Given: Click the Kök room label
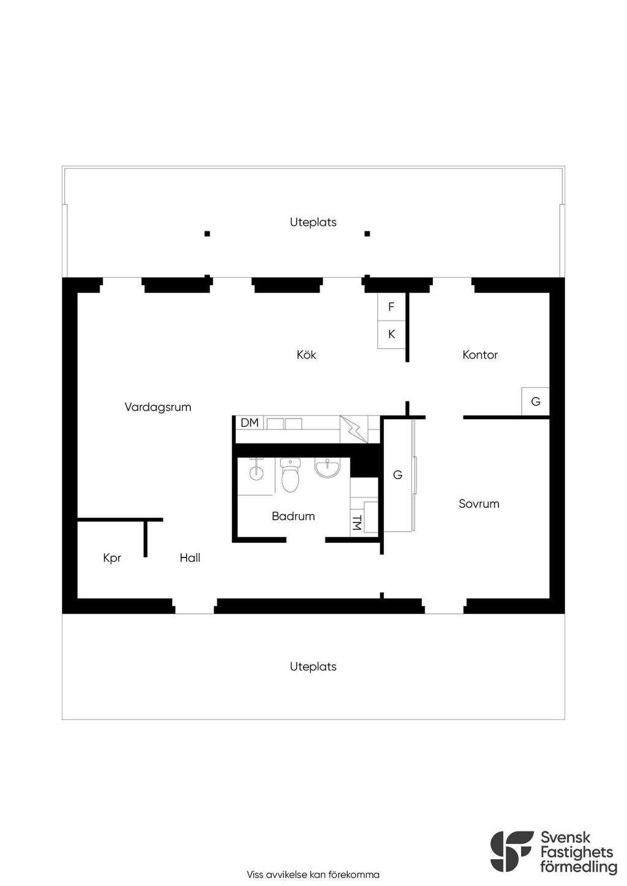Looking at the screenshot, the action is click(306, 355).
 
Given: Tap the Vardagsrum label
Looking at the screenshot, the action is click(158, 407).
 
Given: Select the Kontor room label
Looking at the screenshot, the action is click(480, 355).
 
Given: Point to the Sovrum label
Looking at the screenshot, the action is click(479, 504).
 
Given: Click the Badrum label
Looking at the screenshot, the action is click(293, 516).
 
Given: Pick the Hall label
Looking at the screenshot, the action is click(190, 558).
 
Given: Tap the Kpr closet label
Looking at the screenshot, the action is click(112, 558).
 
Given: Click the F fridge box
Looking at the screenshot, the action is click(391, 307).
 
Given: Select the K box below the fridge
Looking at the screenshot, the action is click(391, 335).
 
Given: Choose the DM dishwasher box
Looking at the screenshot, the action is click(250, 423).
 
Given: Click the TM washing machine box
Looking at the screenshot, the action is click(357, 524).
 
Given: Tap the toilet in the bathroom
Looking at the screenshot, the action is click(290, 475).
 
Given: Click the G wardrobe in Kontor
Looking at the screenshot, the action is click(535, 402).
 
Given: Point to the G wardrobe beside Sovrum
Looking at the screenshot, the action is click(397, 475).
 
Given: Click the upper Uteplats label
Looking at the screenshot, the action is click(313, 222).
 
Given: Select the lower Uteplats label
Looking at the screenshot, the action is click(313, 667).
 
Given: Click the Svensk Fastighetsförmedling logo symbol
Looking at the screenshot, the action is click(512, 851).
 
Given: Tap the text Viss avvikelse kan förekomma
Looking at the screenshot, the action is click(313, 875).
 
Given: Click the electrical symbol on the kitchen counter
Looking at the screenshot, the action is click(353, 429).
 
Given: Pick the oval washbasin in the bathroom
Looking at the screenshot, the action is click(328, 469).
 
